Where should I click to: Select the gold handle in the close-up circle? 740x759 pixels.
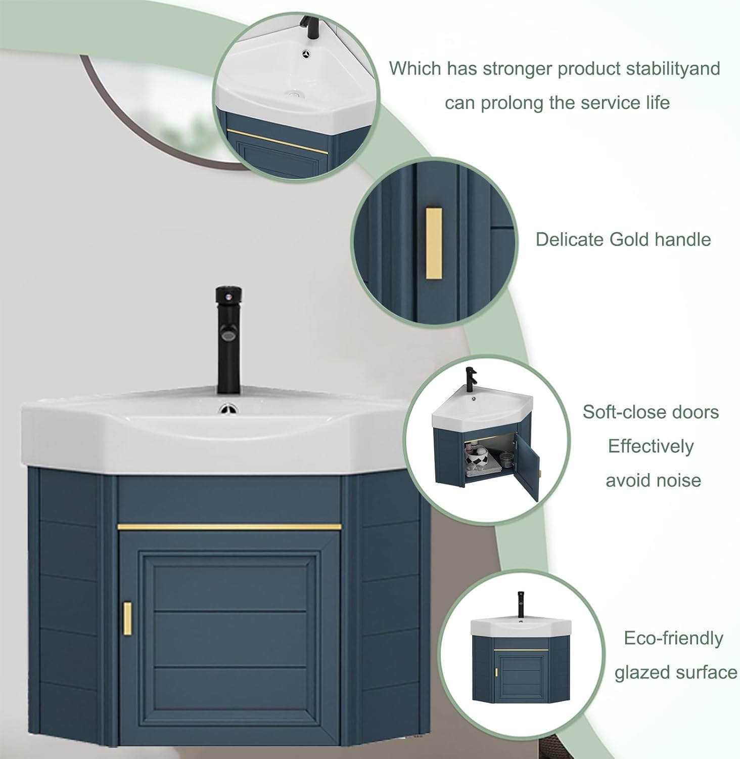point(434,243)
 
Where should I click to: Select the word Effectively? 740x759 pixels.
point(651,446)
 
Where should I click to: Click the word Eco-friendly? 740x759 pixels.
point(673,638)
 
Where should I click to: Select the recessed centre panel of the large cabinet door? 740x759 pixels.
point(230,640)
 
